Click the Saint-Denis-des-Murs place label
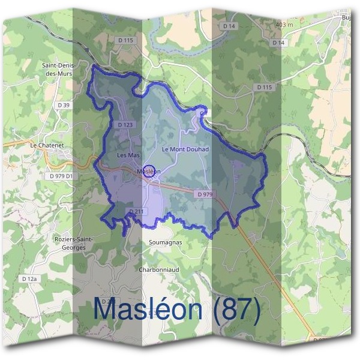click(57, 69)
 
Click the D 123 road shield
click(125, 125)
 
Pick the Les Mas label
click(127, 155)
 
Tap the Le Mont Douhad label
click(185, 148)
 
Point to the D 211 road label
click(137, 211)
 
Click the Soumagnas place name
click(161, 242)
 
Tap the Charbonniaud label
click(159, 270)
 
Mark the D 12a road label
click(29, 279)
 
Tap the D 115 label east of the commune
click(265, 87)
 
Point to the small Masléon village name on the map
click(149, 172)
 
